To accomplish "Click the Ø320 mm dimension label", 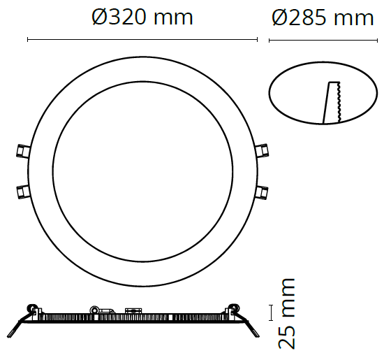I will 142,17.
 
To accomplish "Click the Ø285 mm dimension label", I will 323,17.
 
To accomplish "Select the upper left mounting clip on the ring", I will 22,150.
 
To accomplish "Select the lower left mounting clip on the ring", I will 22,190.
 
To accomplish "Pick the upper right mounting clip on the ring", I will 263,150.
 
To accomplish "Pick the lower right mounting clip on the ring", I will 263,190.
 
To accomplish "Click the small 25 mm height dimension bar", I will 271,312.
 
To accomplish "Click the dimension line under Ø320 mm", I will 142,41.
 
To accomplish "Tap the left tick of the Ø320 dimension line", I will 27,41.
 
